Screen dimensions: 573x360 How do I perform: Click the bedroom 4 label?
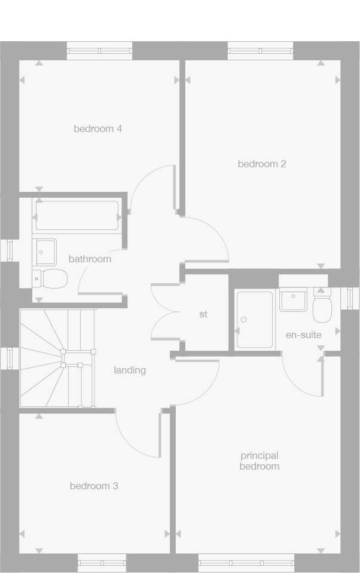pos(98,128)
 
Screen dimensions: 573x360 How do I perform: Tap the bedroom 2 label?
pos(262,164)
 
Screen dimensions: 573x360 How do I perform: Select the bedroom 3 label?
pos(94,486)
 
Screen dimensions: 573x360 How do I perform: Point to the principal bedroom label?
pos(260,461)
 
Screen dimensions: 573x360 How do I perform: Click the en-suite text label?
pos(303,335)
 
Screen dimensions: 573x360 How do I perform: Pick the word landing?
pos(130,370)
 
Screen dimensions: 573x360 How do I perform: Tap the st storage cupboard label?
pos(203,314)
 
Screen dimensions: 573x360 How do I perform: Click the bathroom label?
pos(90,259)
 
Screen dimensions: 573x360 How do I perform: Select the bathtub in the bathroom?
pos(77,216)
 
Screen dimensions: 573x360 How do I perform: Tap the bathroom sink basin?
pos(44,252)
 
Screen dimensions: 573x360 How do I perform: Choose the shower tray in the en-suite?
pos(255,319)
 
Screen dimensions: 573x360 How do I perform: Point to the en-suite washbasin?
pos(293,299)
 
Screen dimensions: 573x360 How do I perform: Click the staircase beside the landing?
pos(57,358)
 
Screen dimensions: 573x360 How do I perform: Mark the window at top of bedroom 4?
pos(99,51)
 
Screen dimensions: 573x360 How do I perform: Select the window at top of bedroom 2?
pos(260,51)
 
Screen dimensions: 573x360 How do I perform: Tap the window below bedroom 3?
pos(102,563)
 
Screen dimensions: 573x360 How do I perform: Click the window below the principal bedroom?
pos(246,563)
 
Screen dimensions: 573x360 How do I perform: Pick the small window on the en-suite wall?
pos(350,298)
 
